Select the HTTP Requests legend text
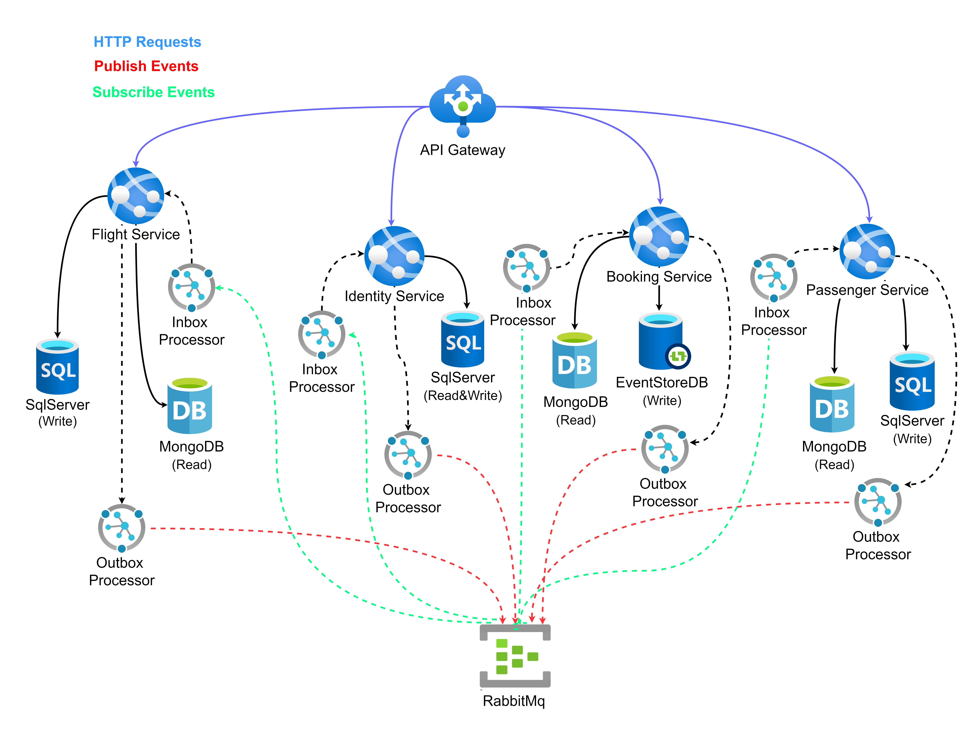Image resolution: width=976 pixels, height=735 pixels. (x=147, y=42)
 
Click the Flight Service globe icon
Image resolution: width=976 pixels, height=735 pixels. (x=136, y=195)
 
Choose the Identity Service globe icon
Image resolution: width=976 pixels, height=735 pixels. (x=394, y=256)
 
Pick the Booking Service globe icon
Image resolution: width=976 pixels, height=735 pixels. (x=659, y=237)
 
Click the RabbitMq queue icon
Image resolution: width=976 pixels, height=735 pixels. (x=515, y=656)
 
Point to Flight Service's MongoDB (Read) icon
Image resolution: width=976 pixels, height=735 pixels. (x=190, y=406)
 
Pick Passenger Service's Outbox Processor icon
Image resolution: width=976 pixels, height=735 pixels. (x=878, y=502)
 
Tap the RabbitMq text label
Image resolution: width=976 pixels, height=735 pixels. (x=514, y=701)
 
